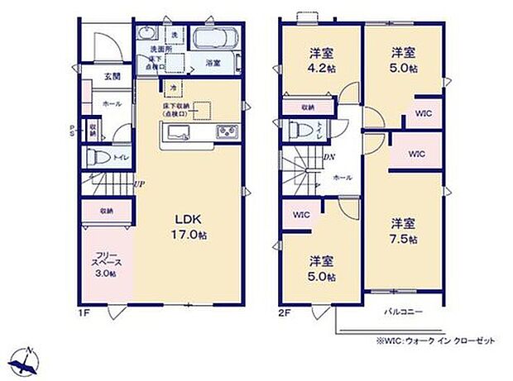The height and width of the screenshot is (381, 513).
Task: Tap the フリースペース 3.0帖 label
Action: pos(105,263)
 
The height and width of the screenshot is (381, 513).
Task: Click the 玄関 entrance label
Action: pos(113,76)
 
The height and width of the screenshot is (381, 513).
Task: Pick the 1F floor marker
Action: pos(85,313)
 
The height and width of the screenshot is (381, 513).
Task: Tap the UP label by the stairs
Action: pos(140,183)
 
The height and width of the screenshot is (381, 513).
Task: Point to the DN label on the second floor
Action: pos(328,158)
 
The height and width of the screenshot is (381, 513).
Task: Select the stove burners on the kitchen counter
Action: pos(227,133)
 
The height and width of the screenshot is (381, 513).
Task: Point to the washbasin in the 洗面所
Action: pos(148,34)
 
